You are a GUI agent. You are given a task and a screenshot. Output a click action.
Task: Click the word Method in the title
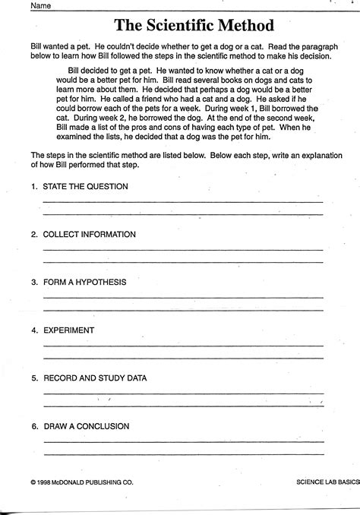(x=246, y=27)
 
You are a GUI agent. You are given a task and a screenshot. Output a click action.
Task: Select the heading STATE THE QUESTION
(x=86, y=186)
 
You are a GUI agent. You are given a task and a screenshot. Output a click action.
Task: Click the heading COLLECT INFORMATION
(x=89, y=234)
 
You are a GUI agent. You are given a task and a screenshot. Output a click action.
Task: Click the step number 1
(x=33, y=186)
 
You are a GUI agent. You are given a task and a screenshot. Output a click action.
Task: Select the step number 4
(x=33, y=330)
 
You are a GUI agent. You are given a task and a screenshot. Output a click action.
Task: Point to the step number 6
(x=33, y=426)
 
